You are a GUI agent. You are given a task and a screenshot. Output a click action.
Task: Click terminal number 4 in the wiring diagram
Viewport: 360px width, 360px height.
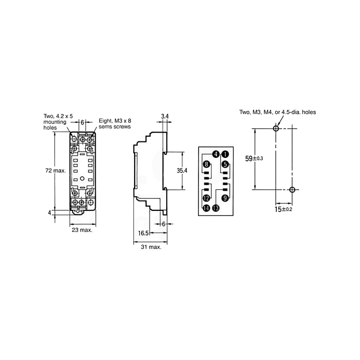(215, 154)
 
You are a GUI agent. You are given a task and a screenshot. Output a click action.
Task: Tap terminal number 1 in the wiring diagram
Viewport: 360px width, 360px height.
(225, 154)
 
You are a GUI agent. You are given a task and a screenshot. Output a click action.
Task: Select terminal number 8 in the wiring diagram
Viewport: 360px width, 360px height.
(206, 165)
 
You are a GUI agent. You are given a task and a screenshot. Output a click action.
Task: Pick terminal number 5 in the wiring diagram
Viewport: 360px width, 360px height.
(225, 165)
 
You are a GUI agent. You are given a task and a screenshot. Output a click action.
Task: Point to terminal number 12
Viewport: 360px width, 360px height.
(206, 198)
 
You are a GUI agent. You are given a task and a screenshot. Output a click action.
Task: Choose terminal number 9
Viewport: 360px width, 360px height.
(225, 198)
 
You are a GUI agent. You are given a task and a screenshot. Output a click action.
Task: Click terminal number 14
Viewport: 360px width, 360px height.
(206, 208)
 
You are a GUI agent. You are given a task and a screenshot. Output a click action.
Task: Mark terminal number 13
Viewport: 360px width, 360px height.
(216, 208)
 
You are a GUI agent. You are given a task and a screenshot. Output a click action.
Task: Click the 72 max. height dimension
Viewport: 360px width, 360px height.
(56, 171)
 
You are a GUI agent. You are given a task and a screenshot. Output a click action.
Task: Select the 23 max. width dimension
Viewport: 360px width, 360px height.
(82, 230)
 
